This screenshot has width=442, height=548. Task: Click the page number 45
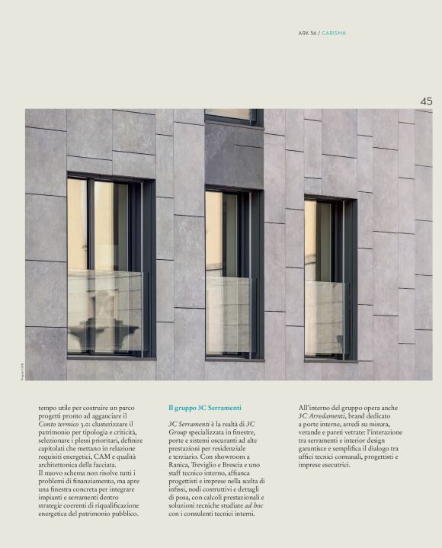pos(425,101)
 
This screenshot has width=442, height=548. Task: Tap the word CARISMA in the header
pos(334,33)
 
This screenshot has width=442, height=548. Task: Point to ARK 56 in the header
pos(307,33)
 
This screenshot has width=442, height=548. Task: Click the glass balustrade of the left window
pos(105,311)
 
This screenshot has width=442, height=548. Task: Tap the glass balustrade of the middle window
pos(229,314)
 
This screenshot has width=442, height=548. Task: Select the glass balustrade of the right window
pos(328,317)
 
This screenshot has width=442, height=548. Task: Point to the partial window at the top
pos(232,117)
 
